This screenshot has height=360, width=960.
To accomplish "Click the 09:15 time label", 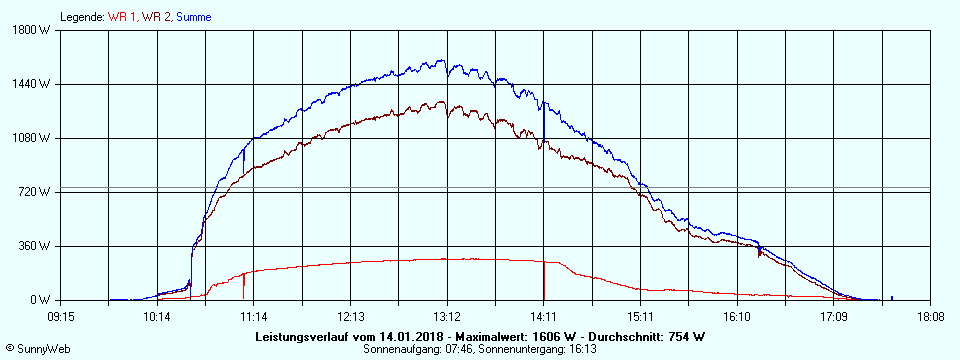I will tap(60, 316).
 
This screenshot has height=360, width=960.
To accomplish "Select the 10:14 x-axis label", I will tap(157, 316).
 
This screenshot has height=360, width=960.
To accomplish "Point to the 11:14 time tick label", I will tap(254, 316).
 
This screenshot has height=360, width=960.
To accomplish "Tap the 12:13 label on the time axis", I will tap(350, 316).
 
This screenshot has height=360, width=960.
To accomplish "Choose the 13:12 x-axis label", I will tap(447, 316).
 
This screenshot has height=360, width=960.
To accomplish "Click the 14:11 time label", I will tap(544, 316).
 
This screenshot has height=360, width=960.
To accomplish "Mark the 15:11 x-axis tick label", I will tap(640, 316).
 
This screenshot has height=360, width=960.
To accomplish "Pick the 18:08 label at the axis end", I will tap(930, 316).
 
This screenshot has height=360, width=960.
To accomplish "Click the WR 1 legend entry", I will tap(123, 17).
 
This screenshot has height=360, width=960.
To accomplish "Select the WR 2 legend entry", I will tap(156, 17).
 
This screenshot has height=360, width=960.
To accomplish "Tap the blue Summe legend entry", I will tap(193, 17).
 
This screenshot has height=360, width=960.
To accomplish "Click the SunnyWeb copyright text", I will tap(40, 350).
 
